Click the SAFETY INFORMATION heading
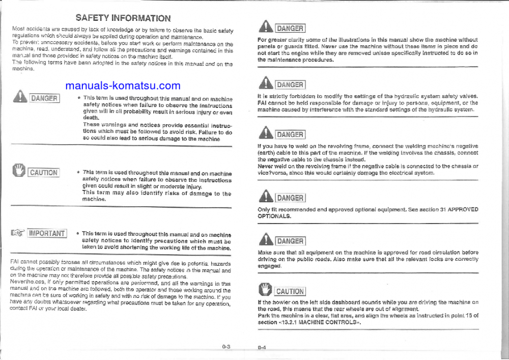(123, 18)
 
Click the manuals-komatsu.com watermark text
(123, 86)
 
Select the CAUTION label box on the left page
(44, 172)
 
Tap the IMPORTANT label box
(47, 233)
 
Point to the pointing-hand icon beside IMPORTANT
(18, 233)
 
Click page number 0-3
(226, 347)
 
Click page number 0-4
(263, 348)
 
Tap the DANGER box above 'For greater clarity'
(290, 29)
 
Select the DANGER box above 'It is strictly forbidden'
(290, 85)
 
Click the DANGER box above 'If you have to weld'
(290, 134)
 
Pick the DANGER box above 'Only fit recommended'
(290, 198)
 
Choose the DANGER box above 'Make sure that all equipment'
(290, 241)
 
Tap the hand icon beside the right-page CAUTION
(266, 290)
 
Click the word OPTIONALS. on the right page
(275, 216)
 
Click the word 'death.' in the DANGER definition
(91, 117)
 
